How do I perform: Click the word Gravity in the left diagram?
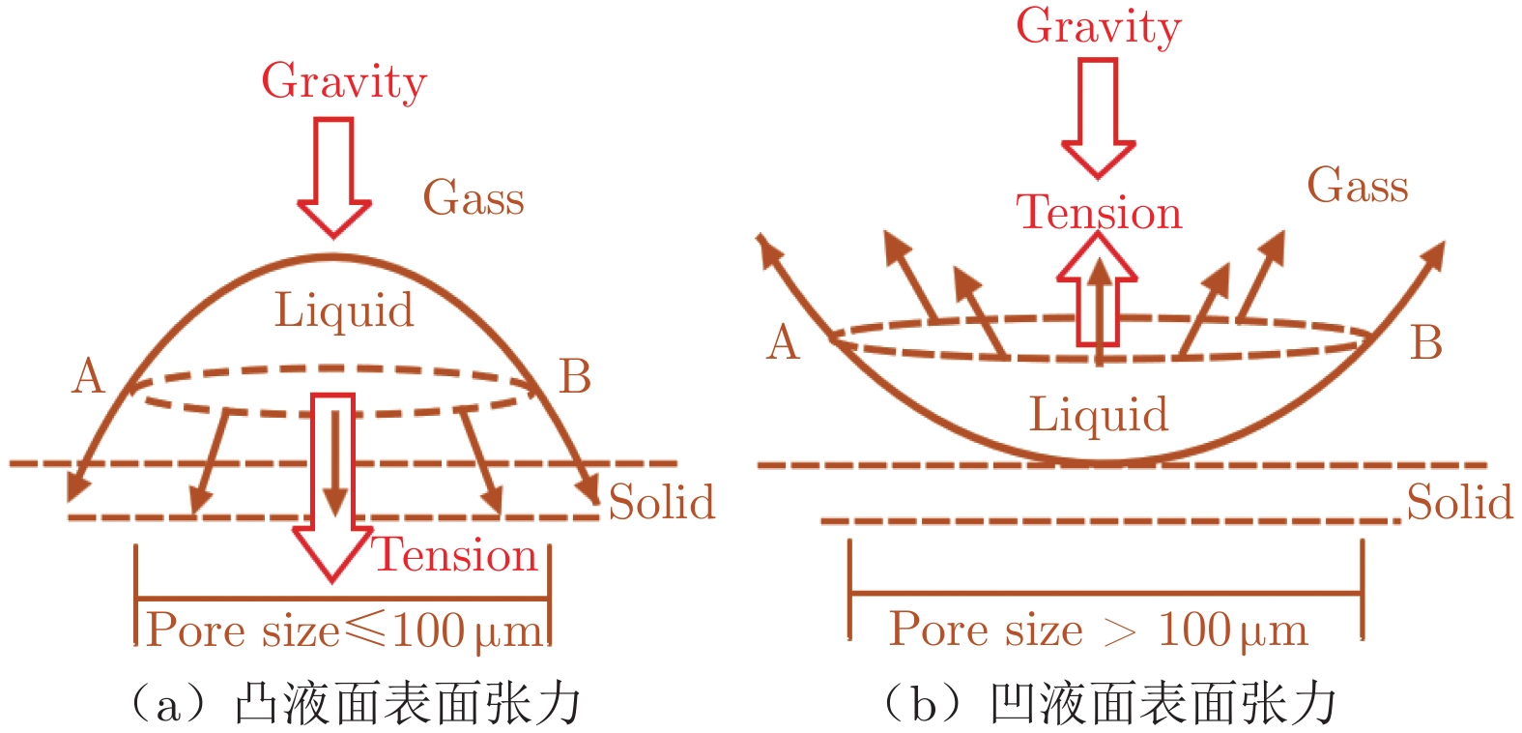click(344, 81)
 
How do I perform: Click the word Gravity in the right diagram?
click(1098, 26)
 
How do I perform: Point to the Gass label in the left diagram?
click(474, 197)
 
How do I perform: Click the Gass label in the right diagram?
click(1357, 185)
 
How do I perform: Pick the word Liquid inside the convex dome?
click(344, 310)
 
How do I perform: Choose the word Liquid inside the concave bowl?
click(1099, 414)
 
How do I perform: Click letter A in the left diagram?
click(88, 375)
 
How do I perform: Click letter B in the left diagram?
click(575, 375)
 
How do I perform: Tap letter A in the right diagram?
click(783, 342)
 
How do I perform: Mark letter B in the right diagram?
click(1426, 342)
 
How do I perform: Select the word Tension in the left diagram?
click(454, 555)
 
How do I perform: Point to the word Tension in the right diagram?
click(1099, 212)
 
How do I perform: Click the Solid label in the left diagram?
click(662, 502)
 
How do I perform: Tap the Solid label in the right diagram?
click(1459, 502)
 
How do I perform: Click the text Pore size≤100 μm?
click(344, 630)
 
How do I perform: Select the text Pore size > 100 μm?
click(1098, 630)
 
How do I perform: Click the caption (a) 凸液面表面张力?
click(355, 703)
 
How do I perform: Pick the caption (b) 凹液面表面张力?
click(1109, 703)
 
